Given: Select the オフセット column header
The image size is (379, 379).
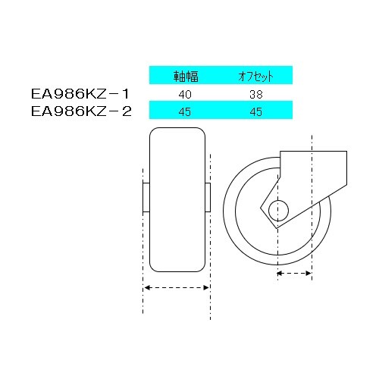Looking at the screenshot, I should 255,77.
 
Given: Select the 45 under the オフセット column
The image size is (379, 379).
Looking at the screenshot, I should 255,111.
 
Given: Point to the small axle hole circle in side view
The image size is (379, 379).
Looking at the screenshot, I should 278,208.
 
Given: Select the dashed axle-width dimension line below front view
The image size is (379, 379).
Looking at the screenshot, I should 177,288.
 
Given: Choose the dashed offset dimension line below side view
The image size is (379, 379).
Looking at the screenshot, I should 294,272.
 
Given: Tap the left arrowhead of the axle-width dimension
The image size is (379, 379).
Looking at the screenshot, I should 146,288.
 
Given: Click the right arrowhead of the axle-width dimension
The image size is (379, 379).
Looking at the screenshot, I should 207,288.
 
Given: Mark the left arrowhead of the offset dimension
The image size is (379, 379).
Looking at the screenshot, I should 280,272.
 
